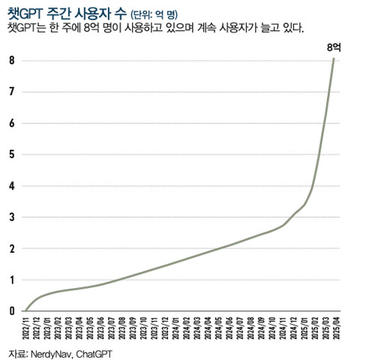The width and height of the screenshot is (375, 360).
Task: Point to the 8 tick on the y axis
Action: tap(11, 60)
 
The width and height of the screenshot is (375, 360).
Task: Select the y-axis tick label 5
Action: tap(11, 154)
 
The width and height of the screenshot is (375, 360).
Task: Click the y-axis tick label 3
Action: tap(11, 217)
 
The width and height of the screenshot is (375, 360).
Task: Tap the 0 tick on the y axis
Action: tap(11, 310)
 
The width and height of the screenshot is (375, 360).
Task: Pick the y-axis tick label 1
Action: tap(11, 280)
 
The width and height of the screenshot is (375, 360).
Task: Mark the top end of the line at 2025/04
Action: tap(334, 58)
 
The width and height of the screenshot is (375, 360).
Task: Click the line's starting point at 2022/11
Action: tap(25, 310)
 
